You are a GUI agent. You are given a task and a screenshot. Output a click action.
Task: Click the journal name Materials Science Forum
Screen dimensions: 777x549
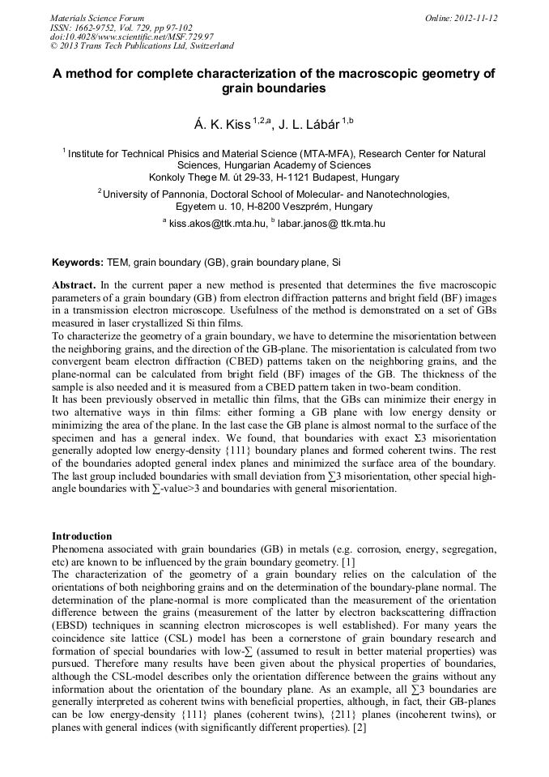97,18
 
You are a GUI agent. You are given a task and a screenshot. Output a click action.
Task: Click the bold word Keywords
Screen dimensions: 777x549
77,263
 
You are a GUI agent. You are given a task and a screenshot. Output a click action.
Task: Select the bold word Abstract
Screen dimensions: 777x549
74,286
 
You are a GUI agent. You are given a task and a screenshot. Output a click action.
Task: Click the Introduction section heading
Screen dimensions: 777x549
82,536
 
